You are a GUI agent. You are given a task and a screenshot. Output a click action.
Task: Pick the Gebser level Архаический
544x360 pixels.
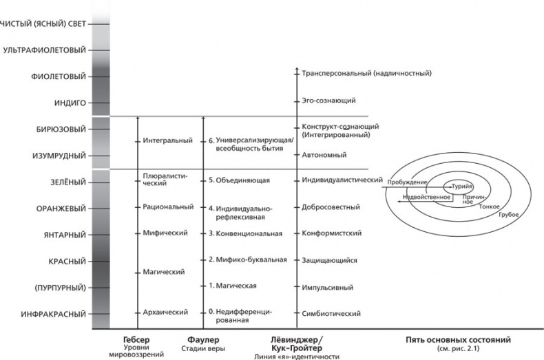point(165,313)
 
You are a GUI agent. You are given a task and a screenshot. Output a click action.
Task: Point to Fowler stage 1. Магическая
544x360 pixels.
point(233,285)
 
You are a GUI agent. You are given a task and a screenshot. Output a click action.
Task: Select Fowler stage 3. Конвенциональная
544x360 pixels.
point(246,234)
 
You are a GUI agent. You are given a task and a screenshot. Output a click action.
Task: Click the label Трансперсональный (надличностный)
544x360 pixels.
point(366,72)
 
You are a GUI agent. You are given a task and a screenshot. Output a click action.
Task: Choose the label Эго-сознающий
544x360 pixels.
point(328,100)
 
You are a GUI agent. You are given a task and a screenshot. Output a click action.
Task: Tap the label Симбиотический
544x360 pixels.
point(331,314)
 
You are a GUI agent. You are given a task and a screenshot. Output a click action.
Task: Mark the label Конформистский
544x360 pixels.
point(332,234)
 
